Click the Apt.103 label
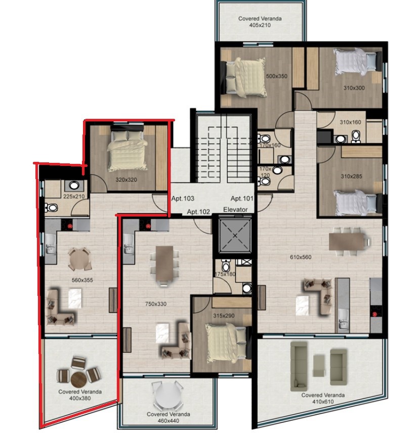coord(183,199)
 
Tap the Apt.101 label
coord(242,199)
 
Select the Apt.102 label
coord(198,212)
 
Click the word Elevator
coord(236,209)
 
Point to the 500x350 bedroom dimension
coord(277,76)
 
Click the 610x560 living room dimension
coord(301,257)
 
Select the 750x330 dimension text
coord(156,304)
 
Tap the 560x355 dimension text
coord(82,280)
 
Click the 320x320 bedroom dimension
coord(127,180)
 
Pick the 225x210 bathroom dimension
coord(74,197)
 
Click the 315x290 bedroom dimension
coord(224,316)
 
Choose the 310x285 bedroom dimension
coord(352,177)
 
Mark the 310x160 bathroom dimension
coord(350,122)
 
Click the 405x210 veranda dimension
coord(260,25)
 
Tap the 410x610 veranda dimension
coord(323,402)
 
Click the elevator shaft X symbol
coord(235,236)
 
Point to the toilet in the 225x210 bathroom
coord(51,208)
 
